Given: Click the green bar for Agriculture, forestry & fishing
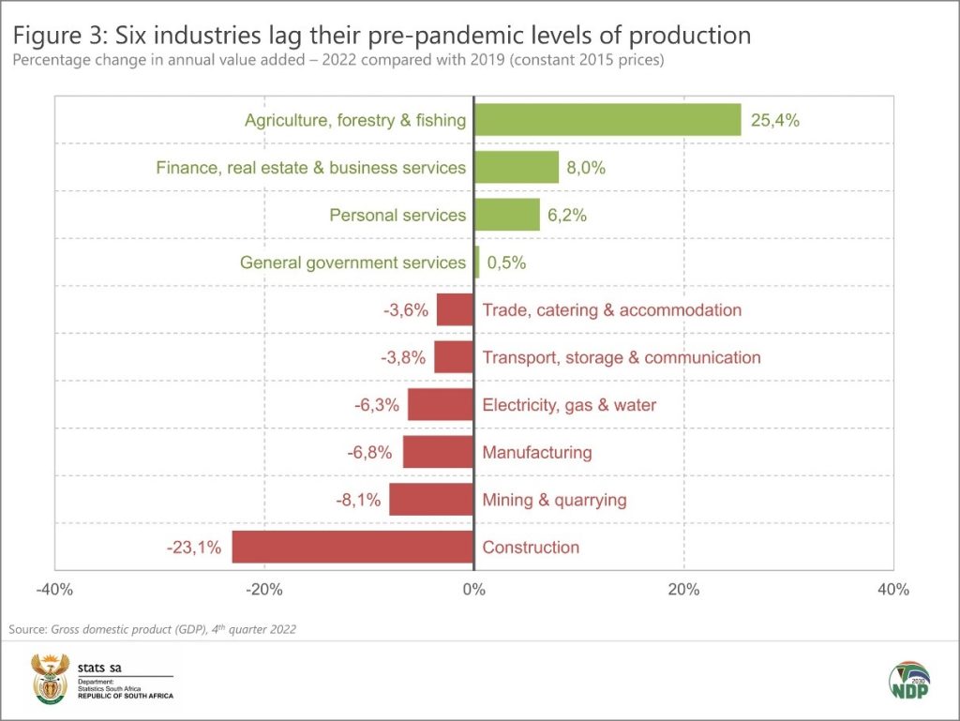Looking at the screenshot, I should pos(607,120).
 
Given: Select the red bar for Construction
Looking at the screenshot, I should pos(352,547).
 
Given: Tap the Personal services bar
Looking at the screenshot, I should pos(507,215).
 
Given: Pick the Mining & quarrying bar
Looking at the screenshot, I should pos(432,500).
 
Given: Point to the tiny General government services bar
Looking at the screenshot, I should pos(477,263).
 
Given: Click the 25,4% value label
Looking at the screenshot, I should pos(774,120).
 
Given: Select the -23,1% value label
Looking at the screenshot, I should pos(193,548).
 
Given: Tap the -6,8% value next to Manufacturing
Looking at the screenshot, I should pos(369,453).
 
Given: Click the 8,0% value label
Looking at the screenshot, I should pos(586,168).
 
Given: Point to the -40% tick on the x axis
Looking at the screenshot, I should pos(54,590).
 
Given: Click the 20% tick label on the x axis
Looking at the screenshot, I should pos(683,590).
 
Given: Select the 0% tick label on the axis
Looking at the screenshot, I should pos(474,590).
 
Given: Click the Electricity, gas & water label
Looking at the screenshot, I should pos(569,405).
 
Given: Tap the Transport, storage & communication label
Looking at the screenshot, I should pos(621,357).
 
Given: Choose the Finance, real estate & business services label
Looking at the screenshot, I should pos(310,168).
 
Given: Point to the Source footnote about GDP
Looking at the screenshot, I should pos(152,629).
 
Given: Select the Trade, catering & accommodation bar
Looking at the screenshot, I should pos(456,309).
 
